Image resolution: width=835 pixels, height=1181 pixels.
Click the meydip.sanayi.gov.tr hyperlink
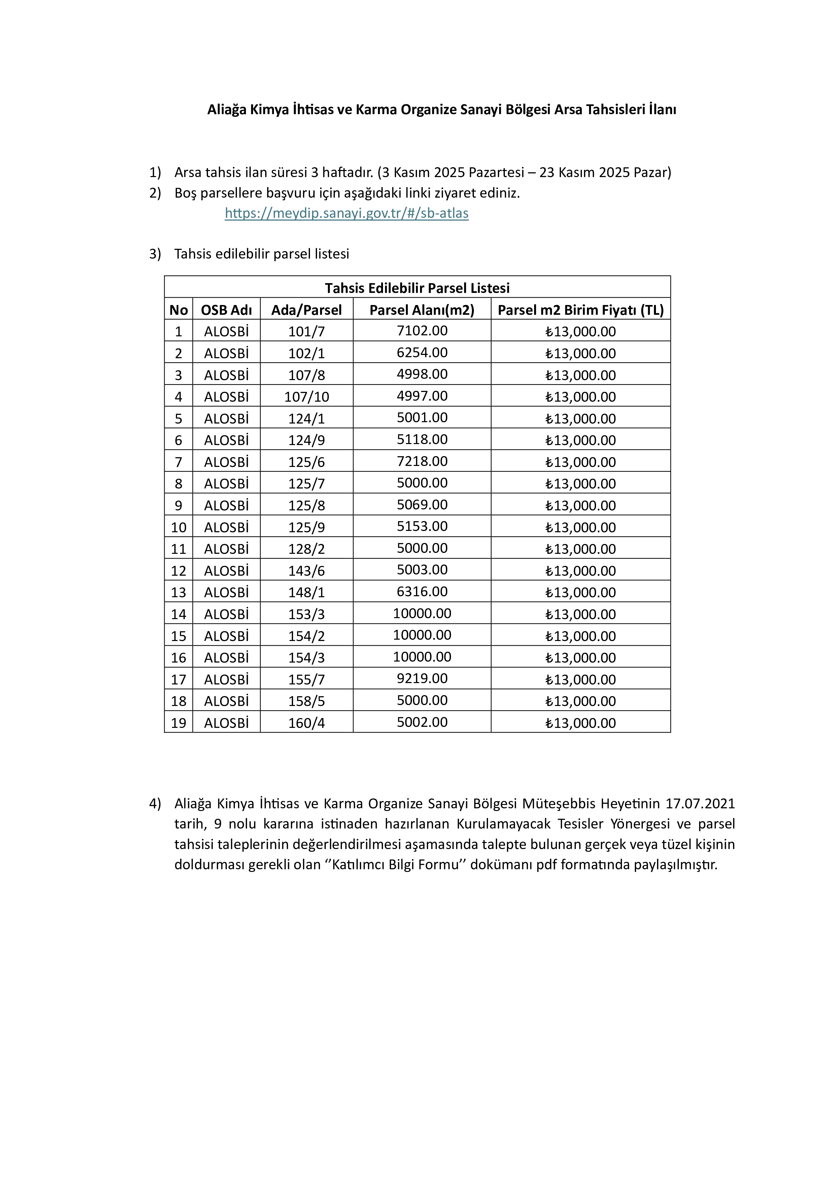coord(347,213)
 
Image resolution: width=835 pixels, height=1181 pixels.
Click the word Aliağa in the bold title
coord(227,109)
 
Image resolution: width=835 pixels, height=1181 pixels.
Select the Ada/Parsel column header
coord(307,310)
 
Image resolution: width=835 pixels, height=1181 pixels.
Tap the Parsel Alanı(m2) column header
coord(422,310)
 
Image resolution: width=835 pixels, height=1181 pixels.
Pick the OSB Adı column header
coord(226,310)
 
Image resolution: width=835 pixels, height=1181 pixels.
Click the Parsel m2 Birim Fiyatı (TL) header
coord(581,310)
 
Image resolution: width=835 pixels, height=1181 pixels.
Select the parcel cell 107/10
coord(307,397)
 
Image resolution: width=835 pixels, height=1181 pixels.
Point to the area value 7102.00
coord(422,331)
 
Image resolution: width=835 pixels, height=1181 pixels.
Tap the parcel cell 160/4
coord(307,723)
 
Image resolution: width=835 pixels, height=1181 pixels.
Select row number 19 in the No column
coord(178,723)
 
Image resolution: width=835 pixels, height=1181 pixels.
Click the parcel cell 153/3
coord(307,614)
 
